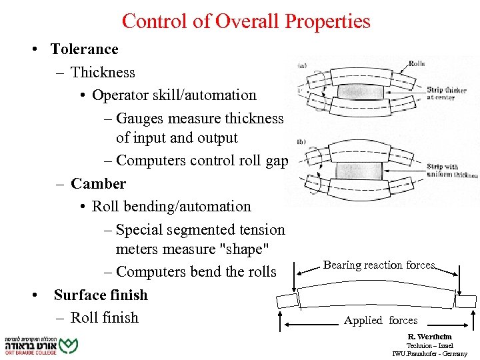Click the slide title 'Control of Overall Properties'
click(246, 21)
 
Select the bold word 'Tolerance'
click(84, 49)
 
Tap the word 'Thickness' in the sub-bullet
click(103, 72)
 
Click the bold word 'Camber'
click(98, 183)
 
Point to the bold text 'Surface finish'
click(100, 295)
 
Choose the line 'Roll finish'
click(104, 317)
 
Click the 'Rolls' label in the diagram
click(416, 64)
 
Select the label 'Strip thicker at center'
click(446, 93)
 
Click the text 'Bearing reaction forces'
click(379, 265)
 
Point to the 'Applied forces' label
click(380, 321)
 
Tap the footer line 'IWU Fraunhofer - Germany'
click(429, 354)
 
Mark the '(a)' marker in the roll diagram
click(301, 65)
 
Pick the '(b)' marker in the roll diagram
click(301, 142)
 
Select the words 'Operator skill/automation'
click(174, 95)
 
